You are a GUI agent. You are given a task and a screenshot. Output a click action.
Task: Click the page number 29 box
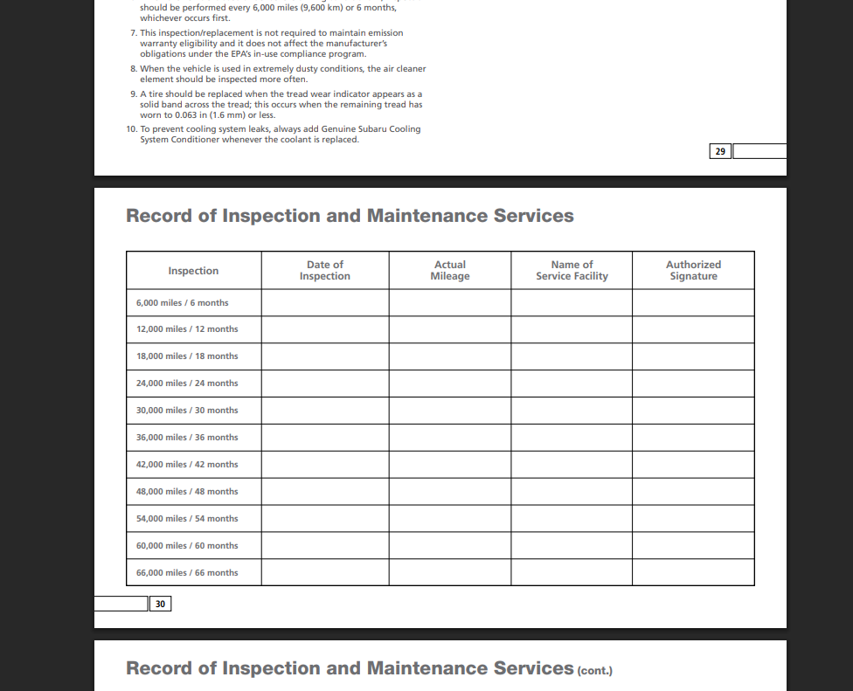pos(720,151)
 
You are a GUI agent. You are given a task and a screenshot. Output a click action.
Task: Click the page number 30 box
pos(160,604)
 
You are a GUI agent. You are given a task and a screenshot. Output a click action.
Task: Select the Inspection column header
pos(193,271)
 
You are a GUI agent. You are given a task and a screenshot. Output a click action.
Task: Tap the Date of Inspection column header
pos(325,271)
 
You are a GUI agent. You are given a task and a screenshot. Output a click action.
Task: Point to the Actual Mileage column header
pos(450,271)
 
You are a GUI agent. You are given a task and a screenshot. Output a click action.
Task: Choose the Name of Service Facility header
pos(572,271)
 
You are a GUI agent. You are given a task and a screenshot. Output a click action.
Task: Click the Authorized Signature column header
pos(693,271)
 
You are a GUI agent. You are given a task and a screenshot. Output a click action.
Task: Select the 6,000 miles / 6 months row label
pos(183,303)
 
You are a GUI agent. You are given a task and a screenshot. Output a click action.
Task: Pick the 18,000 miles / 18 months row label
pos(187,356)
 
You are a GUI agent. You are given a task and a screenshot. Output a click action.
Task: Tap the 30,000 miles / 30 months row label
pos(187,411)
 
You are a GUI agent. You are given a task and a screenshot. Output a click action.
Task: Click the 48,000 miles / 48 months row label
pos(187,492)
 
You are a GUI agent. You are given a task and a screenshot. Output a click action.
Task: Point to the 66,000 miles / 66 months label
pos(187,573)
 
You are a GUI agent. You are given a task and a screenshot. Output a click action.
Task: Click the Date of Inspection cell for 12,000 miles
pos(325,329)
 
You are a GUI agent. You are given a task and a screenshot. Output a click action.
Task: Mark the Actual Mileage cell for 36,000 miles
pos(450,438)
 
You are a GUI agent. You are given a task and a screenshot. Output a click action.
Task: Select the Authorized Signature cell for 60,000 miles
pos(693,546)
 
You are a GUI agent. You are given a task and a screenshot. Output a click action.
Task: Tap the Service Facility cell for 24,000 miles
pos(572,384)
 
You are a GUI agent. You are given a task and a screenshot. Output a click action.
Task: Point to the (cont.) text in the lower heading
pos(594,671)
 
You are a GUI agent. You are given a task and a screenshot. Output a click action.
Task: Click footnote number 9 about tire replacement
pos(134,93)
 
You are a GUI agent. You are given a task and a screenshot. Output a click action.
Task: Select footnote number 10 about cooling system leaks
pos(131,128)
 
